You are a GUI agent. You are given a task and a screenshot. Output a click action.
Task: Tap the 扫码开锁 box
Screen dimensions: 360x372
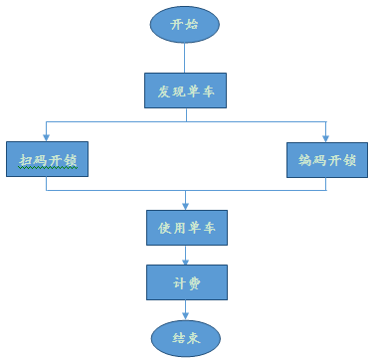[x=46, y=158]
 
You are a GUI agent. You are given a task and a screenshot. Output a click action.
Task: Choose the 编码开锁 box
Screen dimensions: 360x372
[x=326, y=158]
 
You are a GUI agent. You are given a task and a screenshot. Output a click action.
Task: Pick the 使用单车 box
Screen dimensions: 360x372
[x=186, y=227]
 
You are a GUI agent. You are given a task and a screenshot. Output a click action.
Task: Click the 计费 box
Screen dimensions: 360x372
[x=186, y=282]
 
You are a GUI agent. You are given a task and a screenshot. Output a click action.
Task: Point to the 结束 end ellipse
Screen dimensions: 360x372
[x=186, y=337]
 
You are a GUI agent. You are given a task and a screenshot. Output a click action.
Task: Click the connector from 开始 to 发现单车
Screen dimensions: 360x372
[x=186, y=59]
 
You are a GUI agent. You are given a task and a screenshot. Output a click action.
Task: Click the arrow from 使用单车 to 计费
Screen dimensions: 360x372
[x=186, y=255]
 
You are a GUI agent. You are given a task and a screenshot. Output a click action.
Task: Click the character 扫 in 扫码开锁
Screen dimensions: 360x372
[x=24, y=159]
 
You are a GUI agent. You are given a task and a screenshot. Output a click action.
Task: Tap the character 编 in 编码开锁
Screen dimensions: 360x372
[x=304, y=159]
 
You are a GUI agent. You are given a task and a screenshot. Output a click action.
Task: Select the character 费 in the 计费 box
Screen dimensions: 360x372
[x=195, y=282]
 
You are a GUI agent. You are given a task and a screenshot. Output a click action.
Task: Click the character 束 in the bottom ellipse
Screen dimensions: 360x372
[x=196, y=338]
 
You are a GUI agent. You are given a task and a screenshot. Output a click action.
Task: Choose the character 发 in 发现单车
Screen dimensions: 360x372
[x=164, y=92]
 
